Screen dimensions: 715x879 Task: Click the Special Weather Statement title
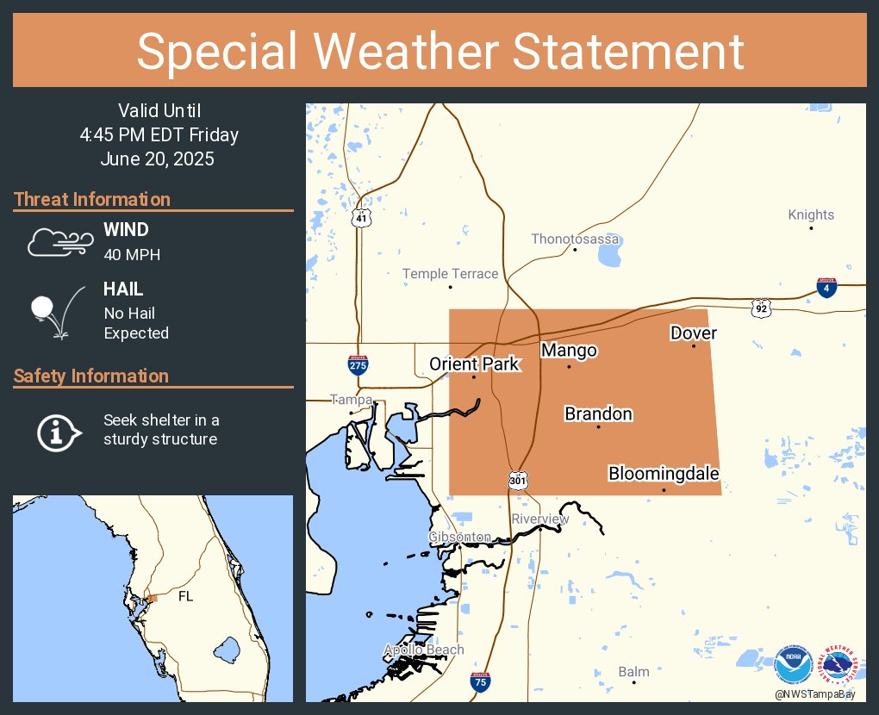pyautogui.click(x=439, y=51)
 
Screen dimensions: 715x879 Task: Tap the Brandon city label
pyautogui.click(x=598, y=413)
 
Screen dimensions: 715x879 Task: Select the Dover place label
pyautogui.click(x=694, y=333)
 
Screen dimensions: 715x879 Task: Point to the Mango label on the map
pyautogui.click(x=569, y=351)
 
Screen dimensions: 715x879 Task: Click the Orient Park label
pyautogui.click(x=475, y=364)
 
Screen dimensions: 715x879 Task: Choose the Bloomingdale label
pyautogui.click(x=664, y=473)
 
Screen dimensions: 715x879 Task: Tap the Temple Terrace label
pyautogui.click(x=450, y=274)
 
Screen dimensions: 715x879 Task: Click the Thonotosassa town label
pyautogui.click(x=576, y=239)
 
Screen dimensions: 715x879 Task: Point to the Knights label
pyautogui.click(x=811, y=214)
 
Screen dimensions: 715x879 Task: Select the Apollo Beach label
pyautogui.click(x=424, y=650)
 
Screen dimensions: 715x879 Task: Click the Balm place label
pyautogui.click(x=634, y=671)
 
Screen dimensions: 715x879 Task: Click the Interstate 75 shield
pyautogui.click(x=481, y=681)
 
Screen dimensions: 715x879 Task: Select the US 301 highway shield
pyautogui.click(x=517, y=480)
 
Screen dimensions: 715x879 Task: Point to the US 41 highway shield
pyautogui.click(x=361, y=219)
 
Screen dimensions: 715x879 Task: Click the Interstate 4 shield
pyautogui.click(x=826, y=288)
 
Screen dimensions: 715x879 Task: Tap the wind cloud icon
pyautogui.click(x=58, y=243)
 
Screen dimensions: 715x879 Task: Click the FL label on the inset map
pyautogui.click(x=185, y=596)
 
